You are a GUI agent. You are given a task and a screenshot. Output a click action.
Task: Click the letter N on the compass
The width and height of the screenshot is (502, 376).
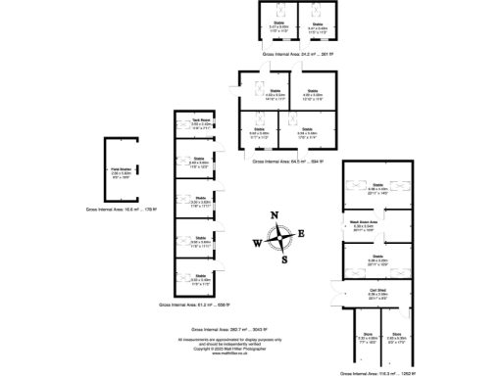(x=276, y=216)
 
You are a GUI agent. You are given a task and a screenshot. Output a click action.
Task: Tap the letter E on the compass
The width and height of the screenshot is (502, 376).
(x=302, y=233)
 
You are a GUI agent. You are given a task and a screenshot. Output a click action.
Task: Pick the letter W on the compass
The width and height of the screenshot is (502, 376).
(x=257, y=244)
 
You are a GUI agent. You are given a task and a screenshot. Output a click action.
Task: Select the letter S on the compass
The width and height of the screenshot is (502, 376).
(x=284, y=259)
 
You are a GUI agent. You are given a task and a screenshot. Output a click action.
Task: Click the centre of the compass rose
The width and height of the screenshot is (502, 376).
(x=280, y=238)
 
